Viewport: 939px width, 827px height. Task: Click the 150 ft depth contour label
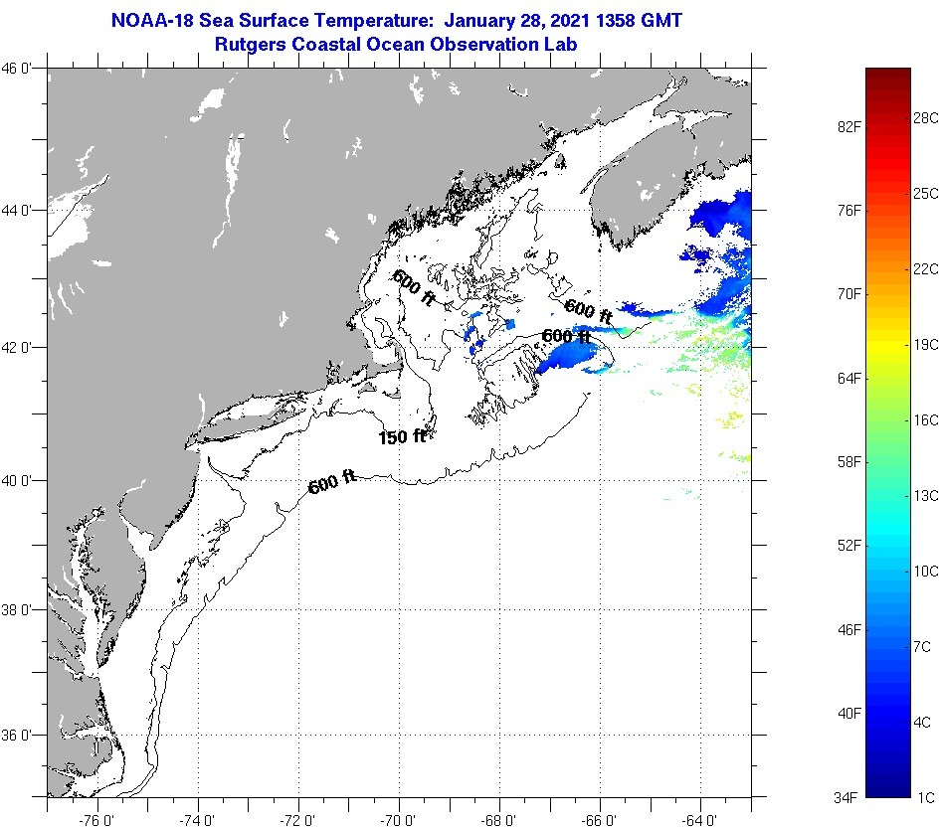pos(402,436)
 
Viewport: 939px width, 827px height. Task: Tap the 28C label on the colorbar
pos(925,117)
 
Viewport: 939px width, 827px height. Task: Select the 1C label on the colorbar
pos(925,797)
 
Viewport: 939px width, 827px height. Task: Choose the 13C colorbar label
pos(925,495)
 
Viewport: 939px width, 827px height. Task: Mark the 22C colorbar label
pos(925,268)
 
